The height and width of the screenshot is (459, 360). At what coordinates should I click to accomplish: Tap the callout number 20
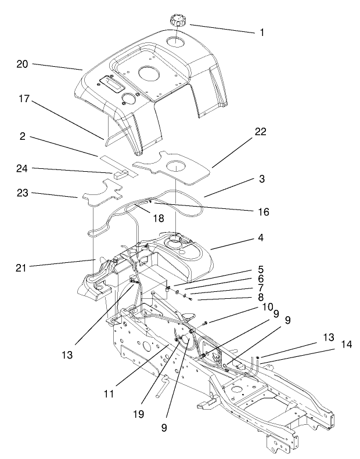22,64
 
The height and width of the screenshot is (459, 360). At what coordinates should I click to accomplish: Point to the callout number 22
260,132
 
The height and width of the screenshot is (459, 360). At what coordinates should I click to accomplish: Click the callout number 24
22,169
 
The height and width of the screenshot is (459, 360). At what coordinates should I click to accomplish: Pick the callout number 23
22,193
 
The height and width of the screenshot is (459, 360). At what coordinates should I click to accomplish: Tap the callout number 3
261,179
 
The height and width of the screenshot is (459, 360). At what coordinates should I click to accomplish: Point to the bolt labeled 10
206,322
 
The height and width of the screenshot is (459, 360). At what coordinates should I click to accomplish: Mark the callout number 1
262,32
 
